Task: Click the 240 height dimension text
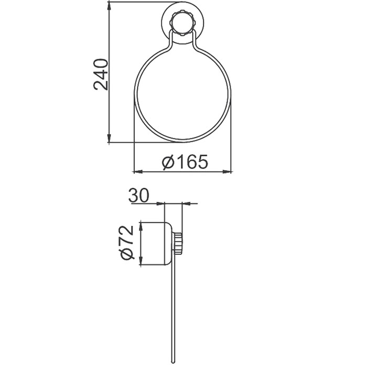pyautogui.click(x=101, y=74)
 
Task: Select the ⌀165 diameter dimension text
pyautogui.click(x=185, y=162)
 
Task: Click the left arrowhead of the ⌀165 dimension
pyautogui.click(x=137, y=171)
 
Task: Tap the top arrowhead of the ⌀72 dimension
pyautogui.click(x=141, y=226)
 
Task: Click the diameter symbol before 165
pyautogui.click(x=168, y=162)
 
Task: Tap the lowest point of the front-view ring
pyautogui.click(x=182, y=141)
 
